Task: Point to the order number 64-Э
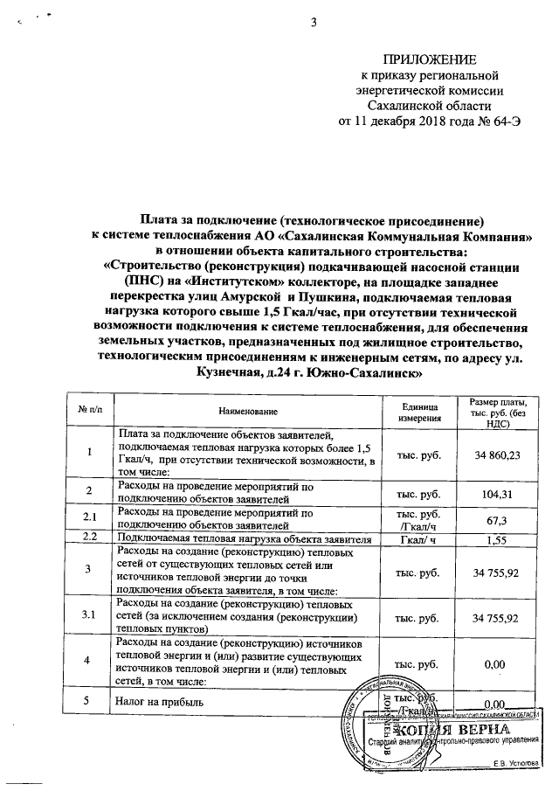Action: [x=505, y=121]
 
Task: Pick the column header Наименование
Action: [x=248, y=411]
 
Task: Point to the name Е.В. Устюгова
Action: [x=515, y=763]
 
